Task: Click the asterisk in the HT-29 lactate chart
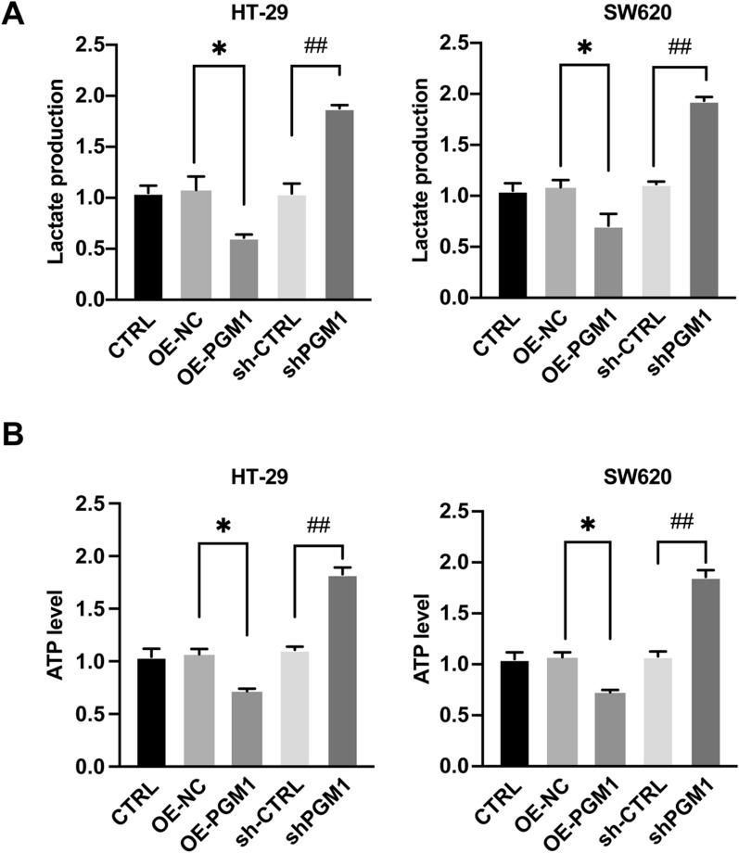coord(219,47)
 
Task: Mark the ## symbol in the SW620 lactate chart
coord(679,46)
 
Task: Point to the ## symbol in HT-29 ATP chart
coord(317,526)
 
